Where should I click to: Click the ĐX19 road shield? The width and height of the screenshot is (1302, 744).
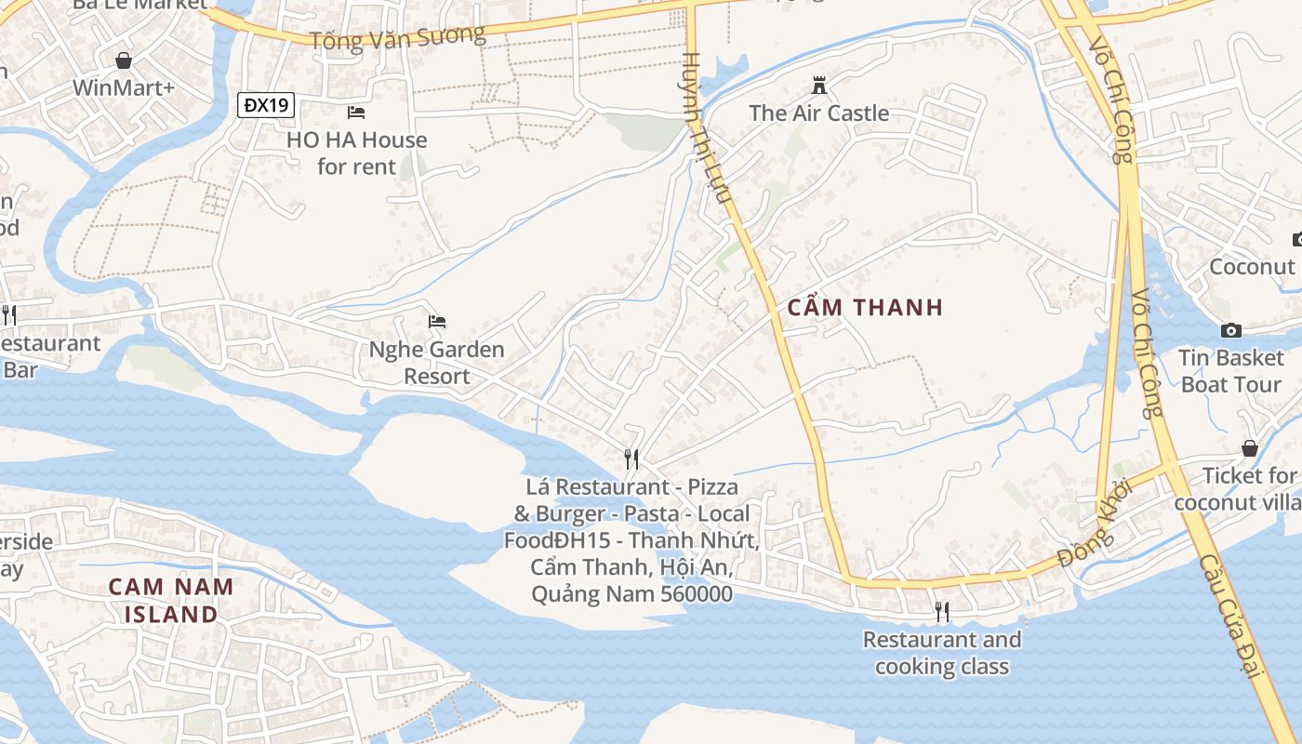coord(265,105)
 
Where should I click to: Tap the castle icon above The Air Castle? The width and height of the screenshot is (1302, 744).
coord(819,86)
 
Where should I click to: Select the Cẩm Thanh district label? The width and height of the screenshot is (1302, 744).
coord(865,308)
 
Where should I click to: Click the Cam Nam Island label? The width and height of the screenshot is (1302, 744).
coord(171,601)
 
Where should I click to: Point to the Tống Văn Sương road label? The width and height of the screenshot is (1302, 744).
coord(397,38)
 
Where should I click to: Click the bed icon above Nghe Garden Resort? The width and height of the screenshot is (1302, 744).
coord(437,322)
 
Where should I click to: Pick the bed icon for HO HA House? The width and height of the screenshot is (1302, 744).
coord(356,113)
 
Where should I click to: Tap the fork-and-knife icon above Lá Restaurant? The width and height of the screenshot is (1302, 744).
coord(631,458)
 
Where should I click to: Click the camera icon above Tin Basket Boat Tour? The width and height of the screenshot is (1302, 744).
coord(1231,330)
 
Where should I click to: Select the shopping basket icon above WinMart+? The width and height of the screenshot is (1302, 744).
coord(124,60)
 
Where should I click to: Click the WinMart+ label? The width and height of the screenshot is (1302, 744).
coord(124,88)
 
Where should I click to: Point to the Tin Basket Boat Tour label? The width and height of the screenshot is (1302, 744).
coord(1231,371)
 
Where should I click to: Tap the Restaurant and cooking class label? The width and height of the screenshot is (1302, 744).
coord(942,653)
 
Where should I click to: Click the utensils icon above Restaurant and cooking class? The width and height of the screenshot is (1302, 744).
coord(942,611)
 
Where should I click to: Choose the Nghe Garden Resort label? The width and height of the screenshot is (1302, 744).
coord(437,363)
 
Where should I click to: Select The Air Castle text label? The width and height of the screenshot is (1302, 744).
coord(819,113)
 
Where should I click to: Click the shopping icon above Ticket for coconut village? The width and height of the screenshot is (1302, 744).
coord(1250,448)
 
